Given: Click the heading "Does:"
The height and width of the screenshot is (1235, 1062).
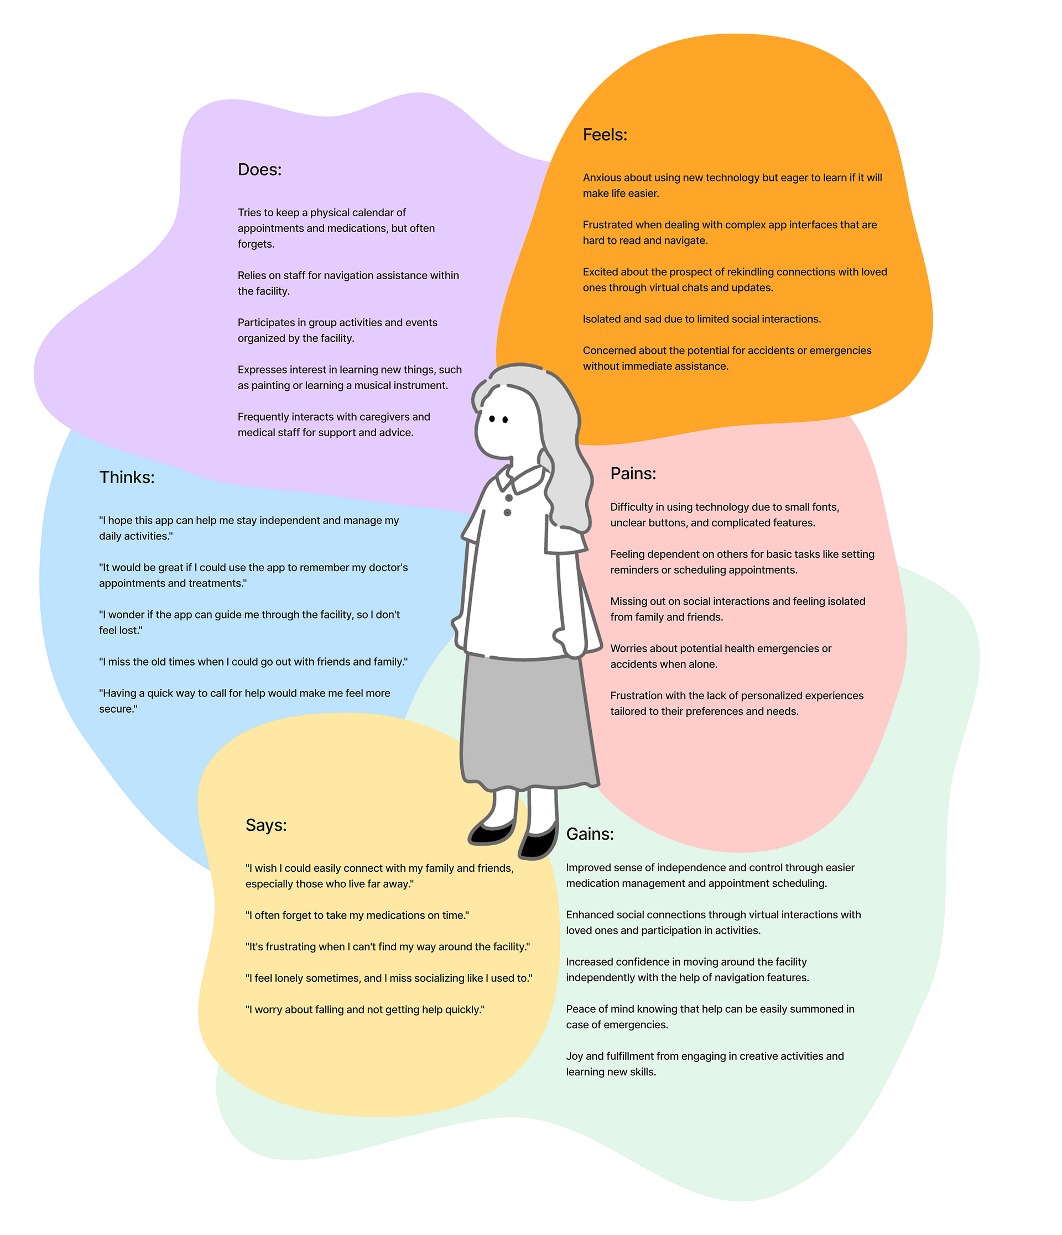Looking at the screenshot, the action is click(x=259, y=170).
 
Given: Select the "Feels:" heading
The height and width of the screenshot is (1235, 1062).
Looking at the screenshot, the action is click(x=605, y=135).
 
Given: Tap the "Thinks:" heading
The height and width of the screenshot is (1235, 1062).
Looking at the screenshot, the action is click(x=127, y=478).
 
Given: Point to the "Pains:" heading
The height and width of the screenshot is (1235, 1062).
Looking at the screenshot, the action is click(x=633, y=473).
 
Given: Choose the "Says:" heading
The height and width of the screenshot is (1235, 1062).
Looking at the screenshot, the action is click(x=266, y=825).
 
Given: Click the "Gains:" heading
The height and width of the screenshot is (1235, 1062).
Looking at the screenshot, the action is click(x=590, y=834).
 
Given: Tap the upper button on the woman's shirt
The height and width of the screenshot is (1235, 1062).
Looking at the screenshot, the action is click(x=509, y=498).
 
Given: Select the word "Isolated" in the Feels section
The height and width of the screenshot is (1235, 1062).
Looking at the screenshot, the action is click(x=602, y=319).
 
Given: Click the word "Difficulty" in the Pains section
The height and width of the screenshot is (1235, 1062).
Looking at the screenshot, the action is click(x=631, y=507).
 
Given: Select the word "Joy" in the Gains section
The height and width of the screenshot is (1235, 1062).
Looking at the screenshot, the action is click(x=574, y=1056).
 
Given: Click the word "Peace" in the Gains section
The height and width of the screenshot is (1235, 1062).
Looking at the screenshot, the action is click(x=580, y=1009).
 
